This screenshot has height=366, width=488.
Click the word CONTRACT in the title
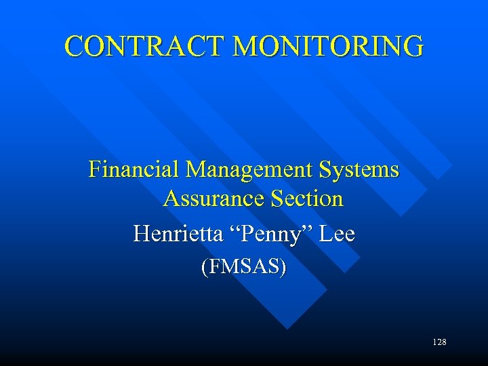point(144,46)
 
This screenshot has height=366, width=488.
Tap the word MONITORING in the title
point(327,46)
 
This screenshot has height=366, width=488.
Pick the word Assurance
point(214,199)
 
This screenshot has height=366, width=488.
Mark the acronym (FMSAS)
point(244,267)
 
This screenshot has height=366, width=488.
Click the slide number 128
point(439,342)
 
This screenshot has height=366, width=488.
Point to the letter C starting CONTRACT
point(74,46)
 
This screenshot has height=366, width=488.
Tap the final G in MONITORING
point(413,46)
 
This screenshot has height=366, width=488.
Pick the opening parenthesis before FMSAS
point(204,267)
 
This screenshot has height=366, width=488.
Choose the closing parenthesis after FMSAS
point(283,267)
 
